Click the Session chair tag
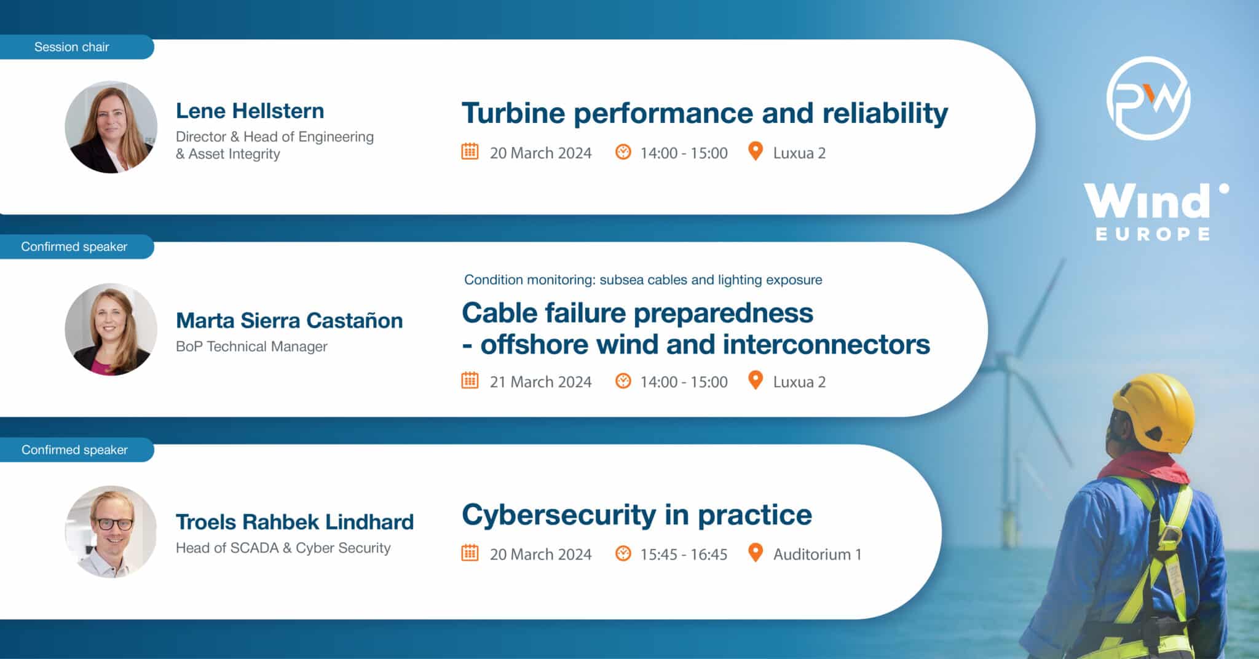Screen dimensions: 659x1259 72,47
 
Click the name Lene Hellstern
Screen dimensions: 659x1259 250,111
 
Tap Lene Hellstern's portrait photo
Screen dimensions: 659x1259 111,127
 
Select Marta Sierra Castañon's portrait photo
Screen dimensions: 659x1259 111,329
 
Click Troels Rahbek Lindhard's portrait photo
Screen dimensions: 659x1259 111,532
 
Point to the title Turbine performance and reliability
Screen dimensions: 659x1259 704,113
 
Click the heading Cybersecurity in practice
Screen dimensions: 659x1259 636,515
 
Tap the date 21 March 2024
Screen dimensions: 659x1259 540,382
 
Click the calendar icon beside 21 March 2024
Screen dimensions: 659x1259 470,381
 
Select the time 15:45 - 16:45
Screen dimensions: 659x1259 684,554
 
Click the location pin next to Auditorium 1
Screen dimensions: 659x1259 756,553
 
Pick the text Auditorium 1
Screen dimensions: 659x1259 817,554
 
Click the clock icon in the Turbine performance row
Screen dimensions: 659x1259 623,152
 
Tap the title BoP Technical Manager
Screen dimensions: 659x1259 251,347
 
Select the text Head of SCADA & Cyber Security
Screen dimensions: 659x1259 283,548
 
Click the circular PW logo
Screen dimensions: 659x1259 1148,98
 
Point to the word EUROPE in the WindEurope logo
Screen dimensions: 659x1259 1153,234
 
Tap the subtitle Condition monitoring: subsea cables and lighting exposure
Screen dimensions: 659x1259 643,280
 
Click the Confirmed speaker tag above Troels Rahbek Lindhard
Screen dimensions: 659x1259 74,450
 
